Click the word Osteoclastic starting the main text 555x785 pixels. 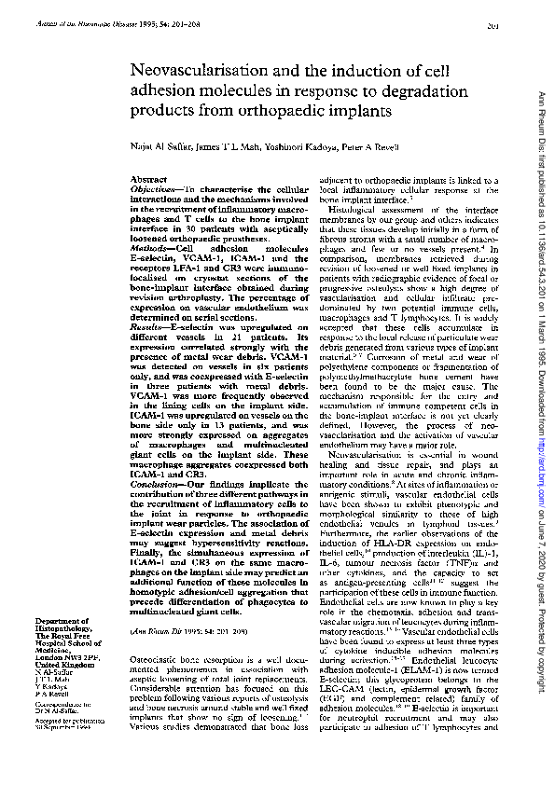[152, 632]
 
